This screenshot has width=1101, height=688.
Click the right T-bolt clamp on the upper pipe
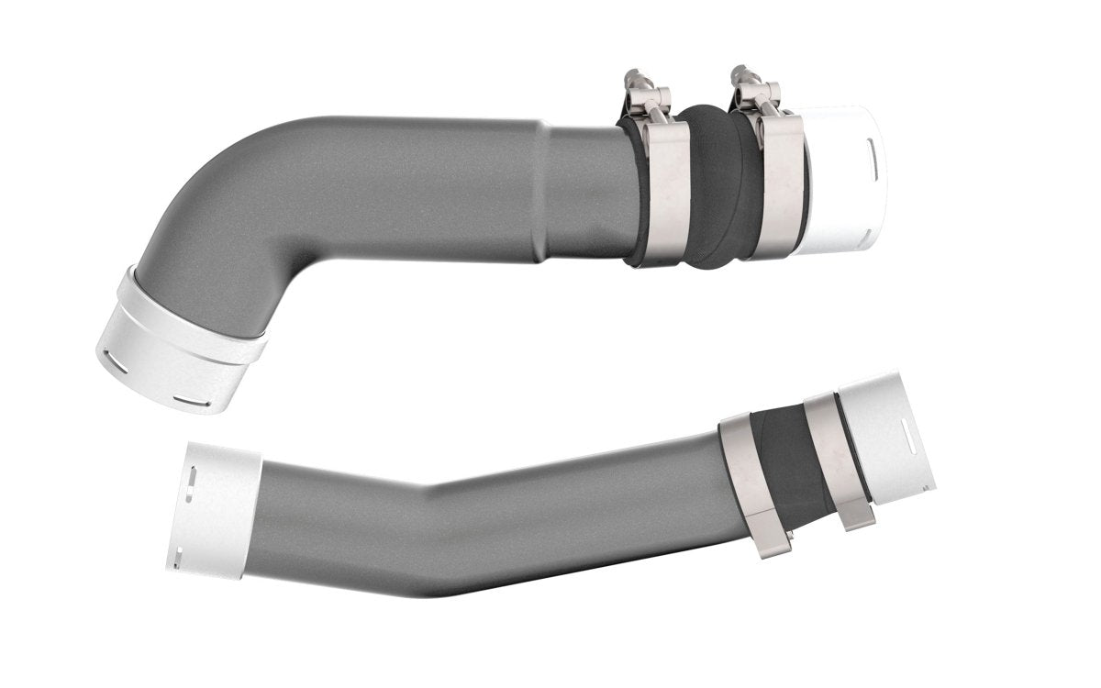click(779, 183)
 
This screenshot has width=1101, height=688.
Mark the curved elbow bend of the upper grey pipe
click(211, 211)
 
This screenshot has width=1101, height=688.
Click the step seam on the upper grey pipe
click(541, 193)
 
